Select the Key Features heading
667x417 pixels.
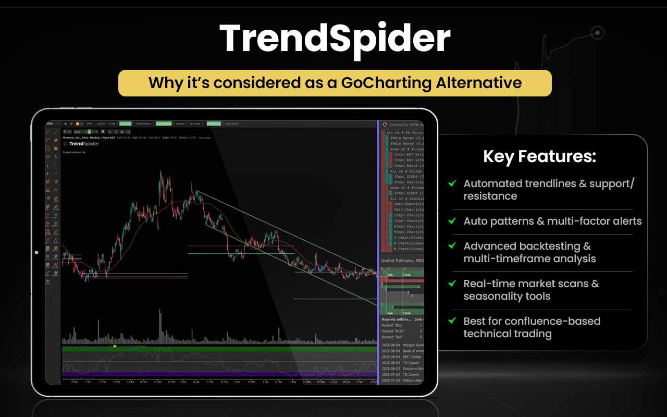[539, 156]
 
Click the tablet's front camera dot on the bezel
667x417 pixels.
[36, 252]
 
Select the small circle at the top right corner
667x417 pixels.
[598, 32]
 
